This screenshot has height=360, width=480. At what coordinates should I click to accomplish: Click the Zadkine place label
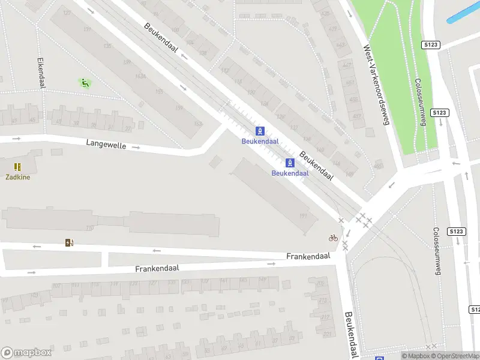pyautogui.click(x=18, y=177)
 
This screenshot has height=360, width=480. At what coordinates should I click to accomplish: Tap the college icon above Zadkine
pyautogui.click(x=18, y=167)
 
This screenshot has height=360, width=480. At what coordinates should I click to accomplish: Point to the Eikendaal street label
pyautogui.click(x=41, y=73)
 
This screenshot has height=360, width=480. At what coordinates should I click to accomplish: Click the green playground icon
pyautogui.click(x=85, y=83)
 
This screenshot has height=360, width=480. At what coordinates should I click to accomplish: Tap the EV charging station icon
pyautogui.click(x=70, y=243)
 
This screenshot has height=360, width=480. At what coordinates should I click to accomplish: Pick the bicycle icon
pyautogui.click(x=334, y=238)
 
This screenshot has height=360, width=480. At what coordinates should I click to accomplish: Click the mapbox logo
pyautogui.click(x=25, y=353)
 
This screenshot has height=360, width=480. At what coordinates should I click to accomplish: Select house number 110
pyautogui.click(x=90, y=228)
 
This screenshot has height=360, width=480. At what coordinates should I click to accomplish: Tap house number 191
pyautogui.click(x=304, y=216)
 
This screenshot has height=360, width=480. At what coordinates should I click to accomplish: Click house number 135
pyautogui.click(x=107, y=46)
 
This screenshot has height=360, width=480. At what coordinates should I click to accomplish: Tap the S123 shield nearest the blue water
pyautogui.click(x=430, y=44)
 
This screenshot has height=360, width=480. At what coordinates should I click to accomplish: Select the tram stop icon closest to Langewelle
pyautogui.click(x=260, y=131)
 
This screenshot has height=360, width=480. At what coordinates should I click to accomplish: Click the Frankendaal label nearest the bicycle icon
pyautogui.click(x=308, y=256)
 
